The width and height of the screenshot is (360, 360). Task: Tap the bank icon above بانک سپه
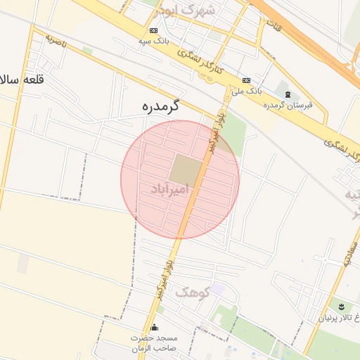click(154, 30)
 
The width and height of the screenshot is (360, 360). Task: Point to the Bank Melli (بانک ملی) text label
click(247, 91)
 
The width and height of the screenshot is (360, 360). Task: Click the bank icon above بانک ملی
click(246, 80)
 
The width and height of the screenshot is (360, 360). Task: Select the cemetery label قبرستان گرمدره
click(287, 105)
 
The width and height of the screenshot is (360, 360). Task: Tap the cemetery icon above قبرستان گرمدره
click(287, 94)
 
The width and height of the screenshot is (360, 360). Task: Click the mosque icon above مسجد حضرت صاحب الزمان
click(155, 328)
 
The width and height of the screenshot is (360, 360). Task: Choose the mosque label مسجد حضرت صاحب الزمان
click(155, 342)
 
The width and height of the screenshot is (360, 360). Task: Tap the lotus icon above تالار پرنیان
click(340, 306)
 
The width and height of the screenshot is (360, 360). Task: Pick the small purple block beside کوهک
click(219, 288)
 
